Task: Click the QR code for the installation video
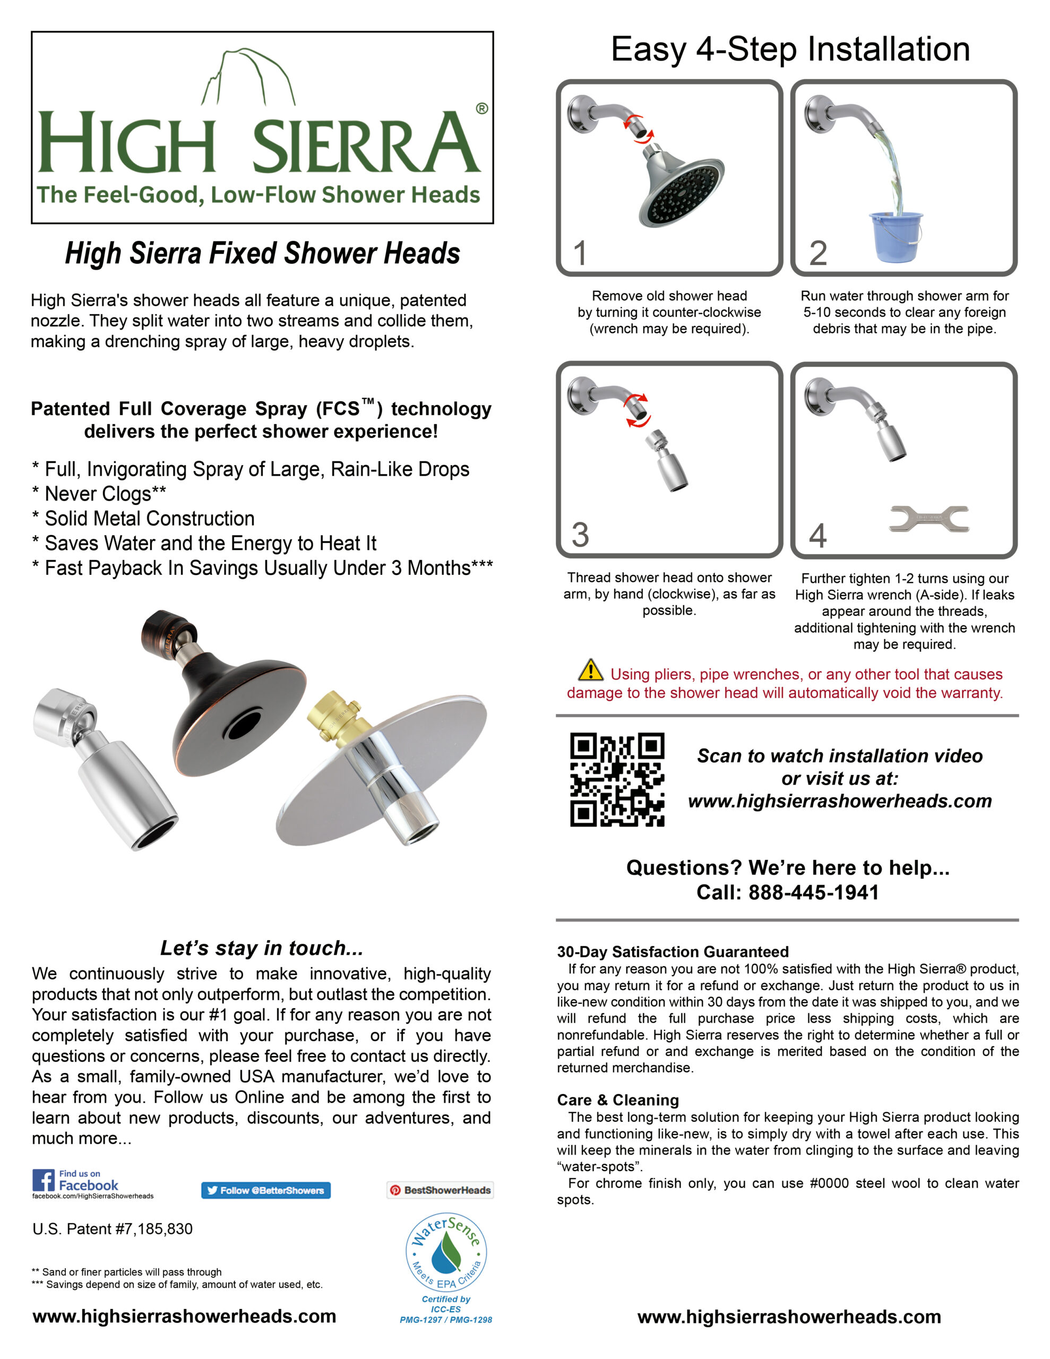tap(617, 779)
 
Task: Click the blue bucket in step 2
tap(895, 236)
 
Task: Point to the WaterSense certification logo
tap(446, 1252)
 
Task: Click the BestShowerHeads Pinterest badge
tap(440, 1190)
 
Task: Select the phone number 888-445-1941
tap(813, 892)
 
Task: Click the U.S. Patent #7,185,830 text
tap(113, 1229)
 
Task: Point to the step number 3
tap(580, 535)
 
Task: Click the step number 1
tap(580, 253)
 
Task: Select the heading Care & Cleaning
tap(617, 1099)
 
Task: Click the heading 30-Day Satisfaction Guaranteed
tap(672, 951)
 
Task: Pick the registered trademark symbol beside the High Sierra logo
tap(482, 108)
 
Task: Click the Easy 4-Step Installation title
tap(790, 49)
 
